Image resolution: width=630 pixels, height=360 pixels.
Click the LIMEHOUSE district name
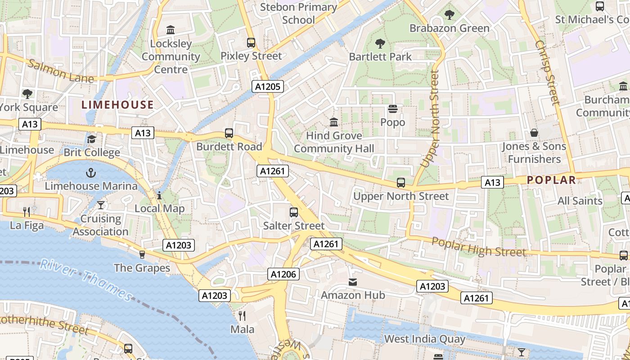tap(117, 105)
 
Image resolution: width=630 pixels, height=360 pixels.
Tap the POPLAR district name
tap(551, 180)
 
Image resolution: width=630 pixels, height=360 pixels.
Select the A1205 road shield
tap(268, 86)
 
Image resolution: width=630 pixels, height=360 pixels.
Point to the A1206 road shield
tap(283, 274)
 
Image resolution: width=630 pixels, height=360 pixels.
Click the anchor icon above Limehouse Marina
tap(91, 173)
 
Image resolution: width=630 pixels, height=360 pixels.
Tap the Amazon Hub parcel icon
tap(353, 282)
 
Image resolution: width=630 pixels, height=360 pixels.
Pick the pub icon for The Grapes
tap(142, 255)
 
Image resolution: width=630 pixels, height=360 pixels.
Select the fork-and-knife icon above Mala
tap(242, 315)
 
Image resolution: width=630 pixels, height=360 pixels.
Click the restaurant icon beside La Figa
tap(27, 211)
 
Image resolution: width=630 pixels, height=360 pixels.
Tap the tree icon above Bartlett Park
tap(380, 44)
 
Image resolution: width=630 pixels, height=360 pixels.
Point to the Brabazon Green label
tap(449, 28)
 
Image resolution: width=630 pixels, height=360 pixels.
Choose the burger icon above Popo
tap(393, 109)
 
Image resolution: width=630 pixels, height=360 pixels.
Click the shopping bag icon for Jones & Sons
tap(534, 133)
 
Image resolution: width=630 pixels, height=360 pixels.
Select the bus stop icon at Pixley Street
tap(251, 43)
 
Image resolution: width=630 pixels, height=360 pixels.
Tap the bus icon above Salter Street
tap(294, 212)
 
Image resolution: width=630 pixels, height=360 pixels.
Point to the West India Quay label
tap(424, 338)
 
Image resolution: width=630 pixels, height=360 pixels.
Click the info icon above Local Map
tap(159, 195)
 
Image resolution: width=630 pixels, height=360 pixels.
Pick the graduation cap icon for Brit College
tap(92, 139)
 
